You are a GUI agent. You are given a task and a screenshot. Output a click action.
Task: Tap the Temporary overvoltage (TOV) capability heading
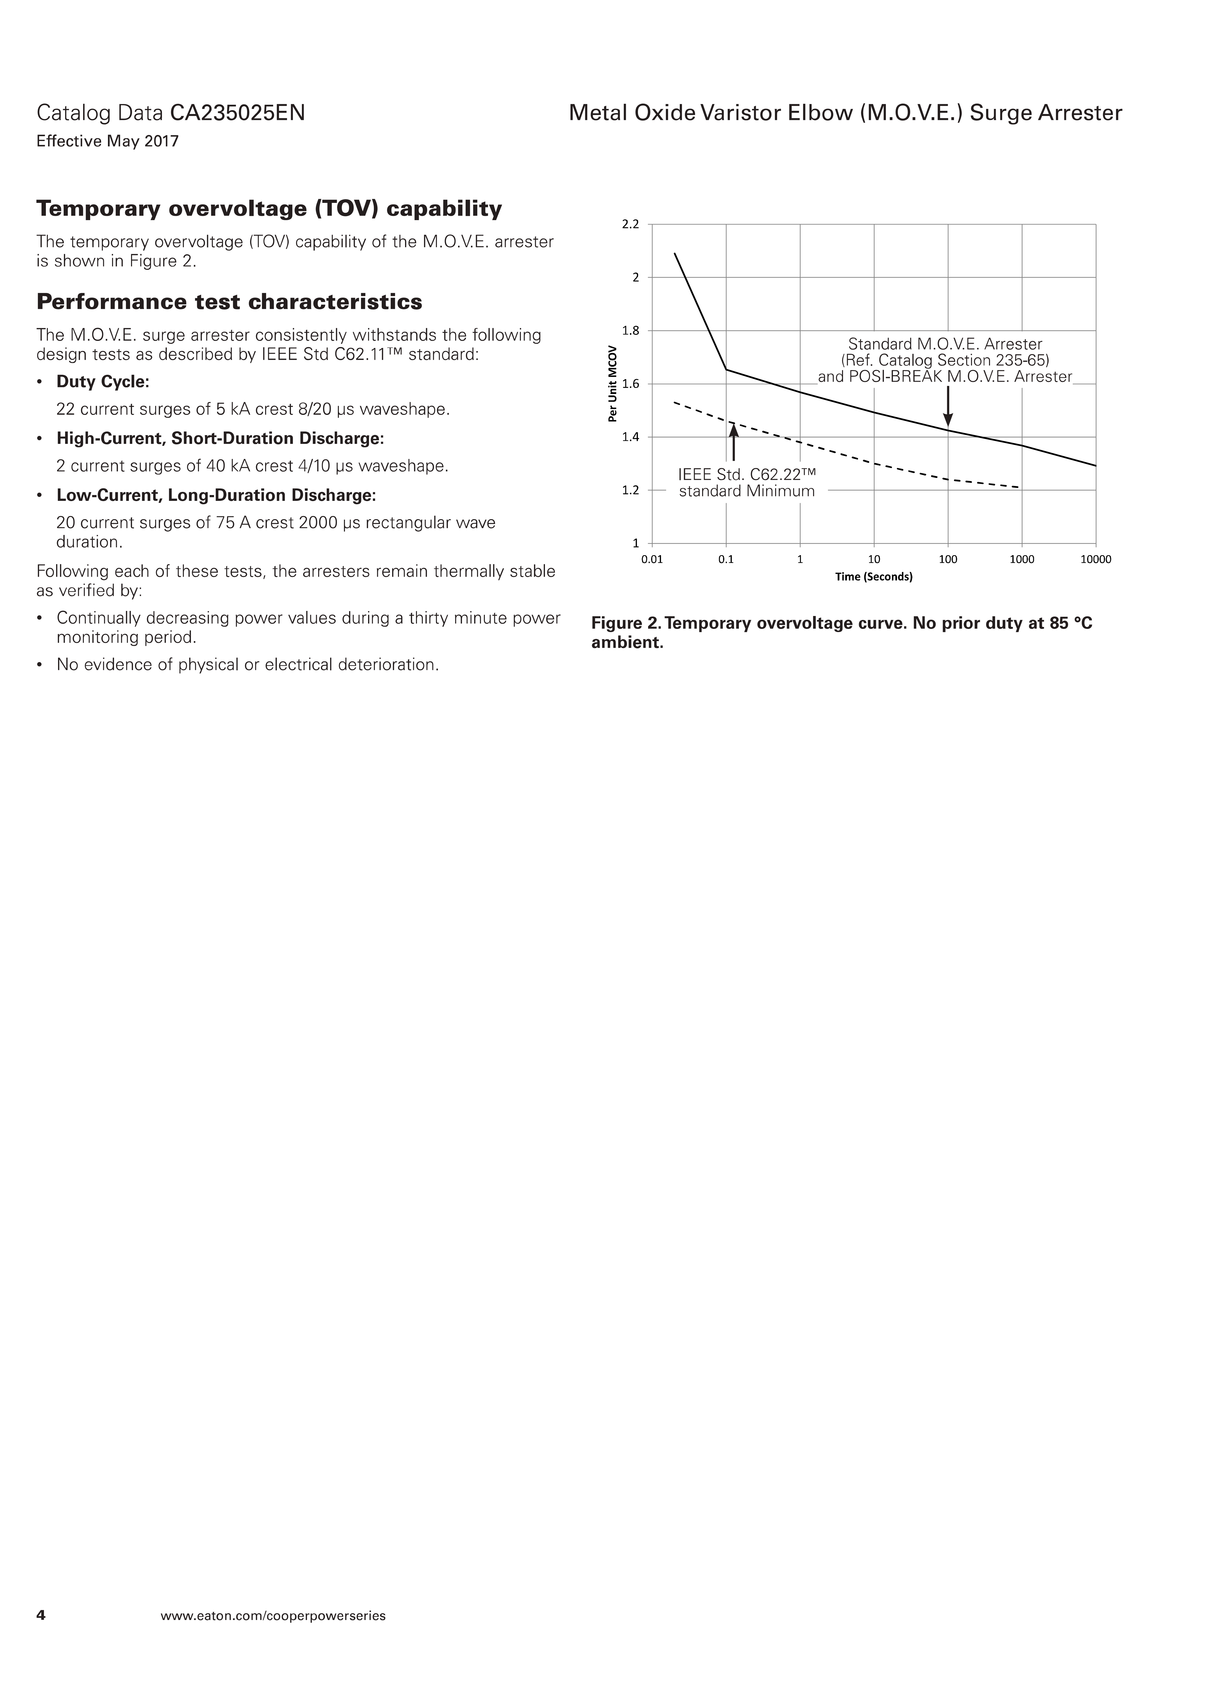[x=269, y=209]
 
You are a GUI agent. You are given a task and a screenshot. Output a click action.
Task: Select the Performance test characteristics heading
[x=229, y=302]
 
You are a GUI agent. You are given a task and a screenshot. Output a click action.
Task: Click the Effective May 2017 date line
[x=108, y=141]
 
